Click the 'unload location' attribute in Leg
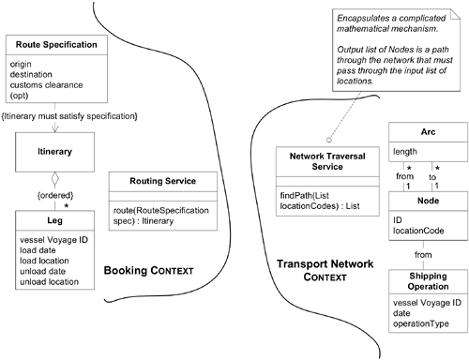(55, 282)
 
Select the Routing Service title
(153, 180)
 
